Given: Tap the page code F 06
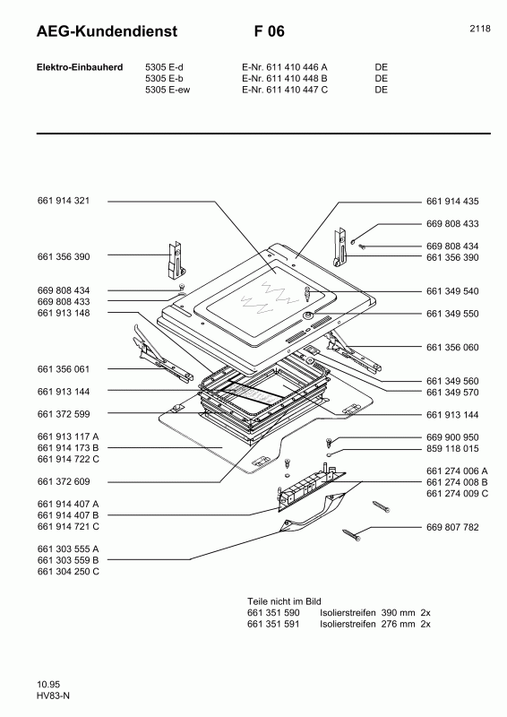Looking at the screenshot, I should [x=270, y=31].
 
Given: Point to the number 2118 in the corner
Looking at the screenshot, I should [x=479, y=29].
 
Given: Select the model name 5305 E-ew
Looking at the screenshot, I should [x=169, y=90].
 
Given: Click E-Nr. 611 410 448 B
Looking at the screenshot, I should [x=285, y=79].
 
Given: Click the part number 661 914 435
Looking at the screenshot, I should [x=452, y=202].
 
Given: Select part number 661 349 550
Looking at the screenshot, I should [x=452, y=314].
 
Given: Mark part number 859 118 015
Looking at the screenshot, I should [x=452, y=448].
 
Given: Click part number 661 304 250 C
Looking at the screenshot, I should [x=68, y=571].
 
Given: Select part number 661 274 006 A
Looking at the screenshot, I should [x=457, y=471].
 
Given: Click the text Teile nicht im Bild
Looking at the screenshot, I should [x=284, y=600].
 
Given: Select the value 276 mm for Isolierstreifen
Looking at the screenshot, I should [x=398, y=623].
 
